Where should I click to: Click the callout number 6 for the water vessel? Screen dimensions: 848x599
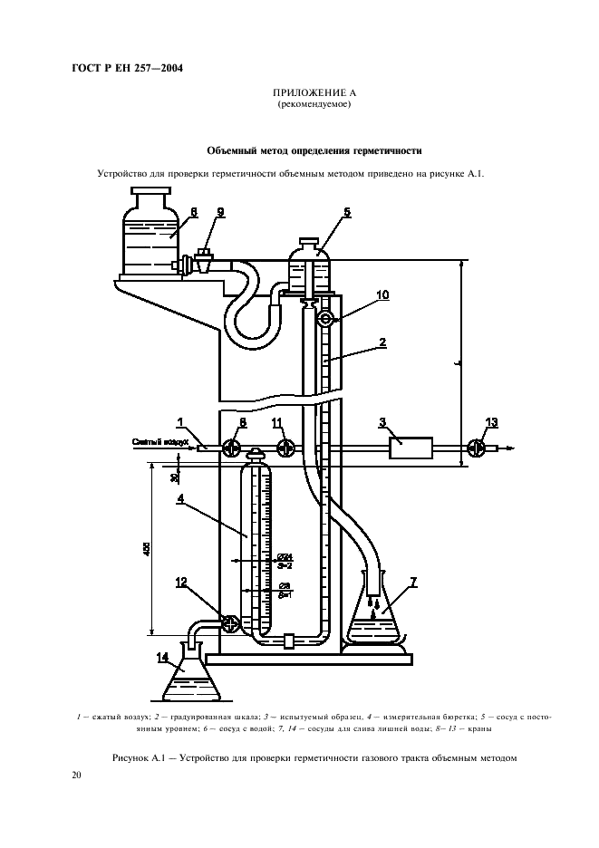pos(194,212)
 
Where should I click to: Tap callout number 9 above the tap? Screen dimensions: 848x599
pos(220,212)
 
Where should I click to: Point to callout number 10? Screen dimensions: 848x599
pos(357,295)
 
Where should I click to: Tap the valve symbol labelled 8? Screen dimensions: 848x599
pos(232,447)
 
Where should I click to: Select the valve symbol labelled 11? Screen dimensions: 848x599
pos(286,447)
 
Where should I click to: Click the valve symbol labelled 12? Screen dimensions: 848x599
pos(230,623)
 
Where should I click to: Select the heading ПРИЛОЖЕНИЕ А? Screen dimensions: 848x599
pos(314,94)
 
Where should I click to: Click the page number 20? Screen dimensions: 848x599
pos(77,776)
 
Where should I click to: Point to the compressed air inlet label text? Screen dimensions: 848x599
pos(159,442)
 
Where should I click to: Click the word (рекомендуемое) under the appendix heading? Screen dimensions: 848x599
pos(314,104)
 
